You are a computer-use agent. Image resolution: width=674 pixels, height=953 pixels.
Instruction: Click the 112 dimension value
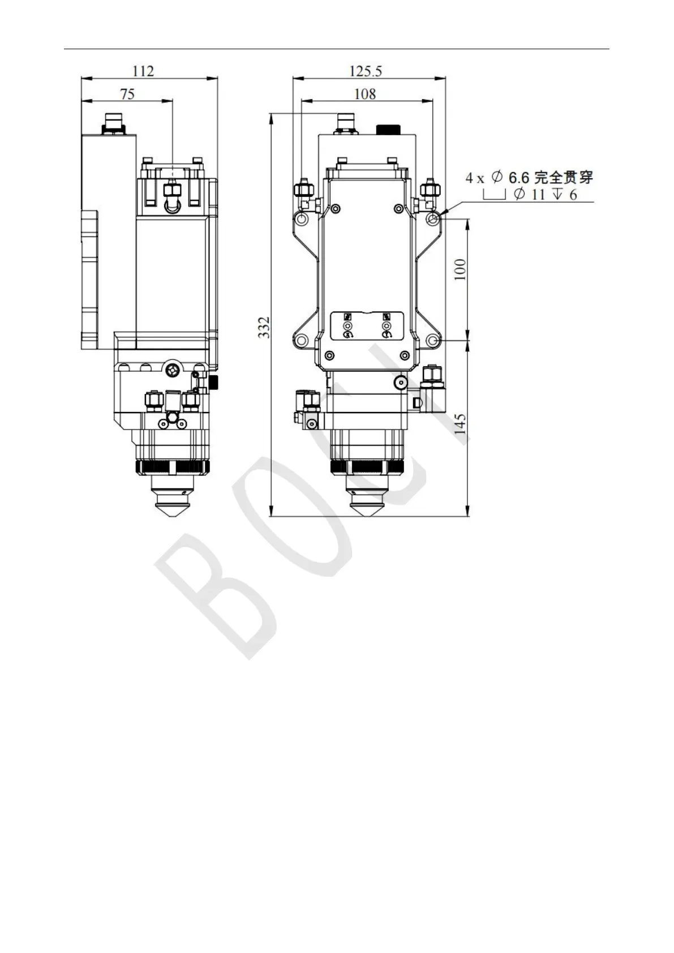pyautogui.click(x=143, y=71)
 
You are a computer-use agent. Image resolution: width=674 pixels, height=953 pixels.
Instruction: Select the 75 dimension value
pyautogui.click(x=127, y=93)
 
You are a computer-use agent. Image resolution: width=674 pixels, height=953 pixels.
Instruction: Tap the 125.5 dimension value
pyautogui.click(x=366, y=71)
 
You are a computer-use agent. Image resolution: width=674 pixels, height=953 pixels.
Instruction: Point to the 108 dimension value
pyautogui.click(x=365, y=93)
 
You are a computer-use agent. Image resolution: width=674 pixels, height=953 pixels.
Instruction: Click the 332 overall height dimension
pyautogui.click(x=264, y=328)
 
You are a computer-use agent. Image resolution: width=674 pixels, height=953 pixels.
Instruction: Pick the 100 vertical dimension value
pyautogui.click(x=461, y=270)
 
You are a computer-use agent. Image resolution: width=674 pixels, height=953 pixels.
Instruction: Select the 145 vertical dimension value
pyautogui.click(x=461, y=424)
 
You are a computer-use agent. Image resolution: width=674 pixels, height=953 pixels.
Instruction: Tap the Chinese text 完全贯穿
pyautogui.click(x=564, y=177)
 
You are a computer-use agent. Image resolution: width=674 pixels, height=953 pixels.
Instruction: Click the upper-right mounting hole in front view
pyautogui.click(x=433, y=220)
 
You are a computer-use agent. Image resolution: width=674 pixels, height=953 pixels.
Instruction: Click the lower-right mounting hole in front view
pyautogui.click(x=433, y=341)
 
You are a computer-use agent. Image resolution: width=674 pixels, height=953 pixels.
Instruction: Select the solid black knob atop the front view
pyautogui.click(x=388, y=129)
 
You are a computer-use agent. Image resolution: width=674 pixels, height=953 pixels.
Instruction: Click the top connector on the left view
pyautogui.click(x=114, y=122)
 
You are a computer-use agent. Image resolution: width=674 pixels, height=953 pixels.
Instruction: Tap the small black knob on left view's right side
pyautogui.click(x=214, y=382)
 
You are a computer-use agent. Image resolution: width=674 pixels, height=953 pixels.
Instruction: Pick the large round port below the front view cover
pyautogui.click(x=400, y=383)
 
